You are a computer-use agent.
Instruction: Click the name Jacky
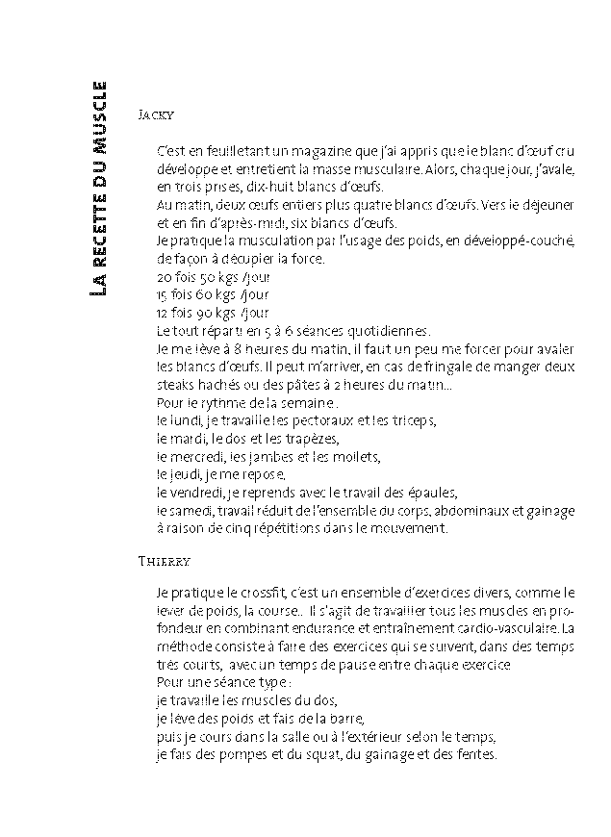(x=156, y=114)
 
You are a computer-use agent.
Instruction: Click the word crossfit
(x=237, y=594)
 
